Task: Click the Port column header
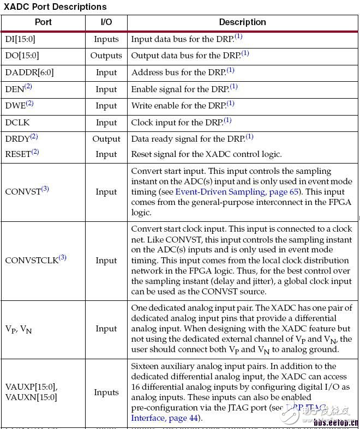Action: click(x=43, y=22)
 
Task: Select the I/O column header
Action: click(x=106, y=22)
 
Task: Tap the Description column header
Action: click(x=242, y=22)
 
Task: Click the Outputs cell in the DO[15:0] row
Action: click(x=106, y=56)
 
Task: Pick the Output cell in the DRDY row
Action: click(x=106, y=139)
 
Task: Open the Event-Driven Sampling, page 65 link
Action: click(x=226, y=192)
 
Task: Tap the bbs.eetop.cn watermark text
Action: click(x=335, y=422)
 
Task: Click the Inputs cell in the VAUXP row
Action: click(x=106, y=392)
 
